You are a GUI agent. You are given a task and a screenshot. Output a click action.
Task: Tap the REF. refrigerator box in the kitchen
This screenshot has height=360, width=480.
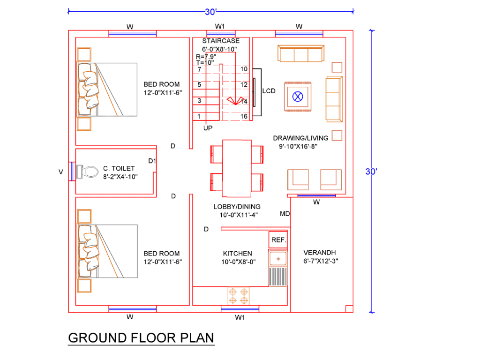tap(278, 240)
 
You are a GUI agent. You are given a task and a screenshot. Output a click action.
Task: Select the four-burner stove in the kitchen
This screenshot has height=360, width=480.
tap(238, 295)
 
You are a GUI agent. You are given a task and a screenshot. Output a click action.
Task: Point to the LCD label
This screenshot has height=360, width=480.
tap(269, 91)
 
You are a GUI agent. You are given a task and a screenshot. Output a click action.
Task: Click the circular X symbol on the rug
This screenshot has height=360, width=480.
tap(297, 97)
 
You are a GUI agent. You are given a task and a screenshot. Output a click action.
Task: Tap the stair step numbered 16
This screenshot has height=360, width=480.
tap(244, 116)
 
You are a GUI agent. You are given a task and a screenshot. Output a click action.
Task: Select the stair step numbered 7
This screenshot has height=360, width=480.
tap(199, 69)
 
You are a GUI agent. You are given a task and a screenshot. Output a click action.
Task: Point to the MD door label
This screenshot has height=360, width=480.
tap(285, 214)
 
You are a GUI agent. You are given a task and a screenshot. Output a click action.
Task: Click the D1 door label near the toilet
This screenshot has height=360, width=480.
tap(152, 161)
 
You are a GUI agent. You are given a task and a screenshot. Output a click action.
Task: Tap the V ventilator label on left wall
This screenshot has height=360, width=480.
tap(60, 172)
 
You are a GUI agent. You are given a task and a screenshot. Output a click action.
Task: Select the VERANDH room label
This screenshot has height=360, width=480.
tap(320, 252)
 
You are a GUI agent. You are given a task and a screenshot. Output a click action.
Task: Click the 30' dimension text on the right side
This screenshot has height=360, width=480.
tap(371, 172)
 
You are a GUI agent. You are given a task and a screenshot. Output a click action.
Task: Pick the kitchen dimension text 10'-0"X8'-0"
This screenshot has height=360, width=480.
tap(239, 262)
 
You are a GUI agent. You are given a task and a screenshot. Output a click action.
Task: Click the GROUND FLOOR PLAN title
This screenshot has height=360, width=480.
tap(141, 337)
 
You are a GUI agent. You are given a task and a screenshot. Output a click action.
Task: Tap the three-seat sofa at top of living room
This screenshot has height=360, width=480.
tap(300, 53)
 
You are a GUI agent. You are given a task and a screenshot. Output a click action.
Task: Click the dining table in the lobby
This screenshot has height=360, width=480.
tap(236, 168)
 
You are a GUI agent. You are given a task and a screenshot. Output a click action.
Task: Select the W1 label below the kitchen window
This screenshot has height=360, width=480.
tap(240, 317)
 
